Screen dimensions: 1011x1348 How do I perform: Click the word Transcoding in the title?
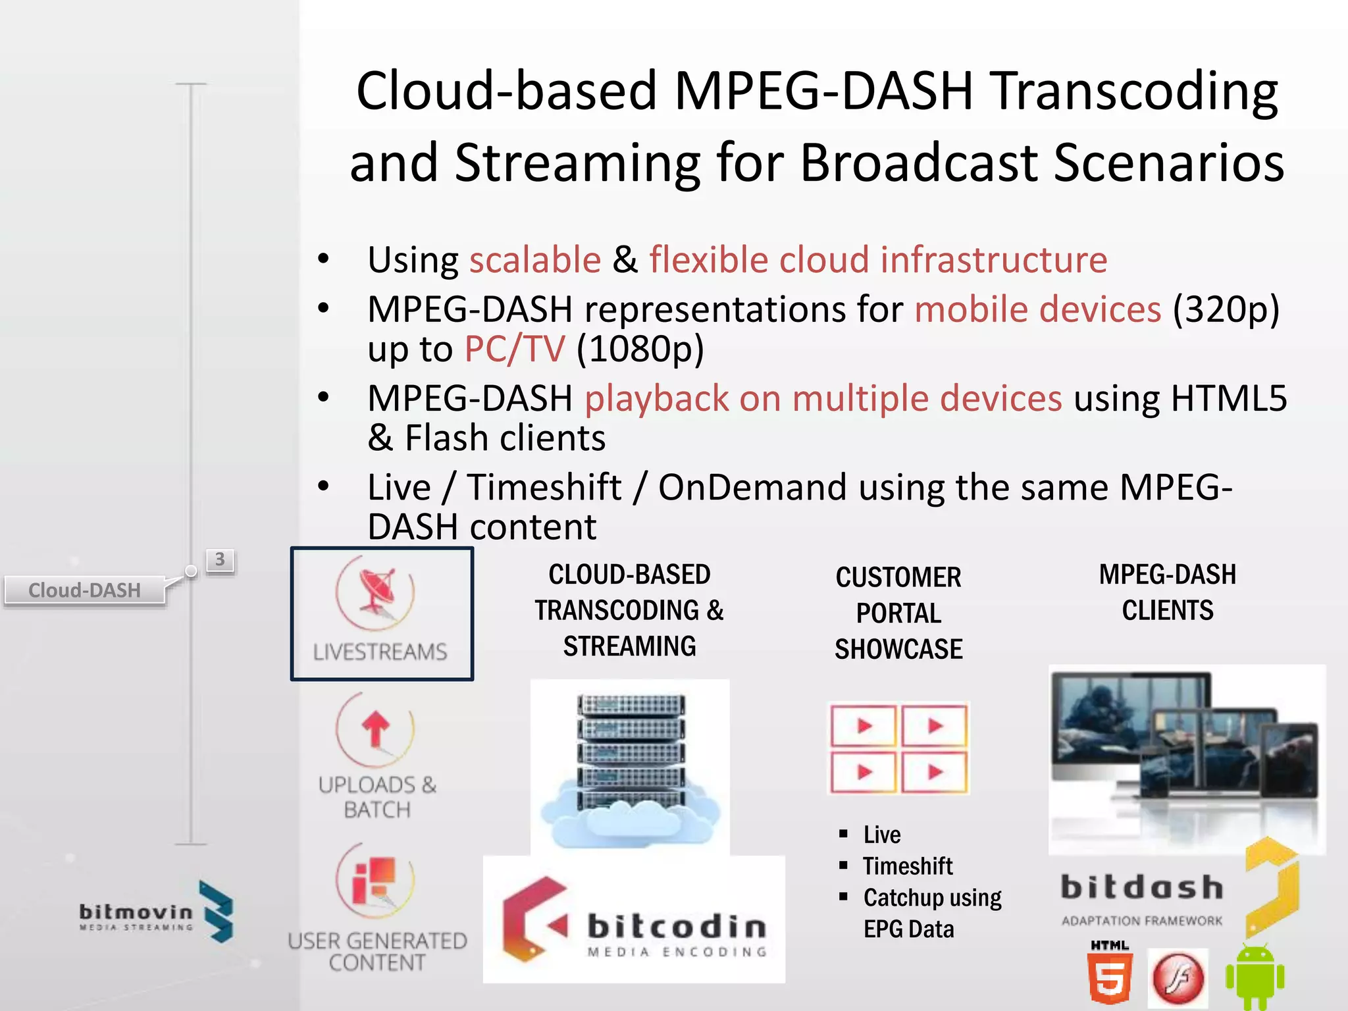(1135, 92)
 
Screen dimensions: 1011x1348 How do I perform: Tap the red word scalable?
(534, 259)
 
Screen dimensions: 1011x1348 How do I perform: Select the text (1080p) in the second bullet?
(640, 349)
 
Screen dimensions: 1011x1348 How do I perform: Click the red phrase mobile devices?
(1037, 309)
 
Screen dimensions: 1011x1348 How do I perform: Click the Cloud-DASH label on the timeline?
(84, 590)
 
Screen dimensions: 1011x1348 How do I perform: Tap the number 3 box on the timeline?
(220, 560)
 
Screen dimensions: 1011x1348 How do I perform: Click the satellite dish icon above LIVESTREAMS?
(376, 591)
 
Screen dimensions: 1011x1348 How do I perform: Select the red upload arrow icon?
(375, 729)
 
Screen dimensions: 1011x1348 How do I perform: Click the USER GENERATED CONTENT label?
(377, 951)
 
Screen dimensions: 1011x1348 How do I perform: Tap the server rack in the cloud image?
(631, 750)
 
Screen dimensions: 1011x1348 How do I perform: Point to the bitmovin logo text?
(136, 912)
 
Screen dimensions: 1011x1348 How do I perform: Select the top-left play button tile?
(864, 726)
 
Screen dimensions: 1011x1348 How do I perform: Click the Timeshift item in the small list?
(907, 866)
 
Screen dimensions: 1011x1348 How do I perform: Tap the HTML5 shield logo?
(1110, 978)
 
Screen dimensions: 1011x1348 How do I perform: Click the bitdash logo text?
(1142, 887)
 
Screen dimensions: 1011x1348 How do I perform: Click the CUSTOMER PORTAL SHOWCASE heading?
(898, 613)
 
